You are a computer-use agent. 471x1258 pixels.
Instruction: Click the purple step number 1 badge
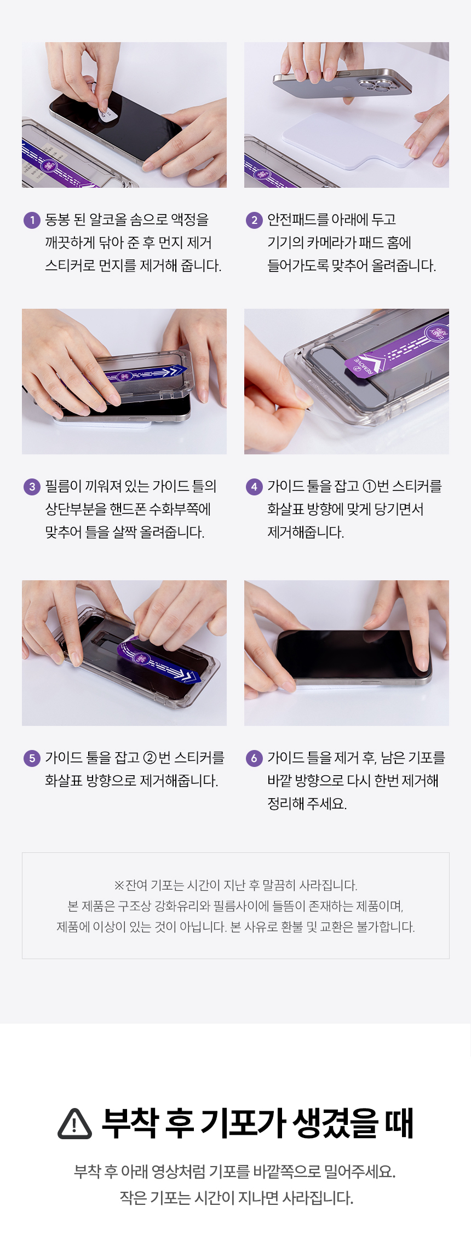point(32,220)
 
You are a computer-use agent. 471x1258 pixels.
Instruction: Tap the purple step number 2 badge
point(254,220)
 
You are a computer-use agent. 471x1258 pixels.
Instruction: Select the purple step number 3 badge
point(32,487)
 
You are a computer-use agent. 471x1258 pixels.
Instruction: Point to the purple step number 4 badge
point(254,487)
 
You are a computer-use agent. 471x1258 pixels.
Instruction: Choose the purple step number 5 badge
point(32,758)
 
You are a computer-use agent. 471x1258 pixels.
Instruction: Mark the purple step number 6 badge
point(254,758)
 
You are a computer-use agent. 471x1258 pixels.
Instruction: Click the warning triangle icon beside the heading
point(74,1124)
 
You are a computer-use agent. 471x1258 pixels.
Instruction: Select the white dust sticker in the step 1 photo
point(107,112)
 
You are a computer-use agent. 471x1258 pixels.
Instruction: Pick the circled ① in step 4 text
point(370,487)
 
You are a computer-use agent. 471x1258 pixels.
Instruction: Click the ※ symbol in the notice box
point(119,886)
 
